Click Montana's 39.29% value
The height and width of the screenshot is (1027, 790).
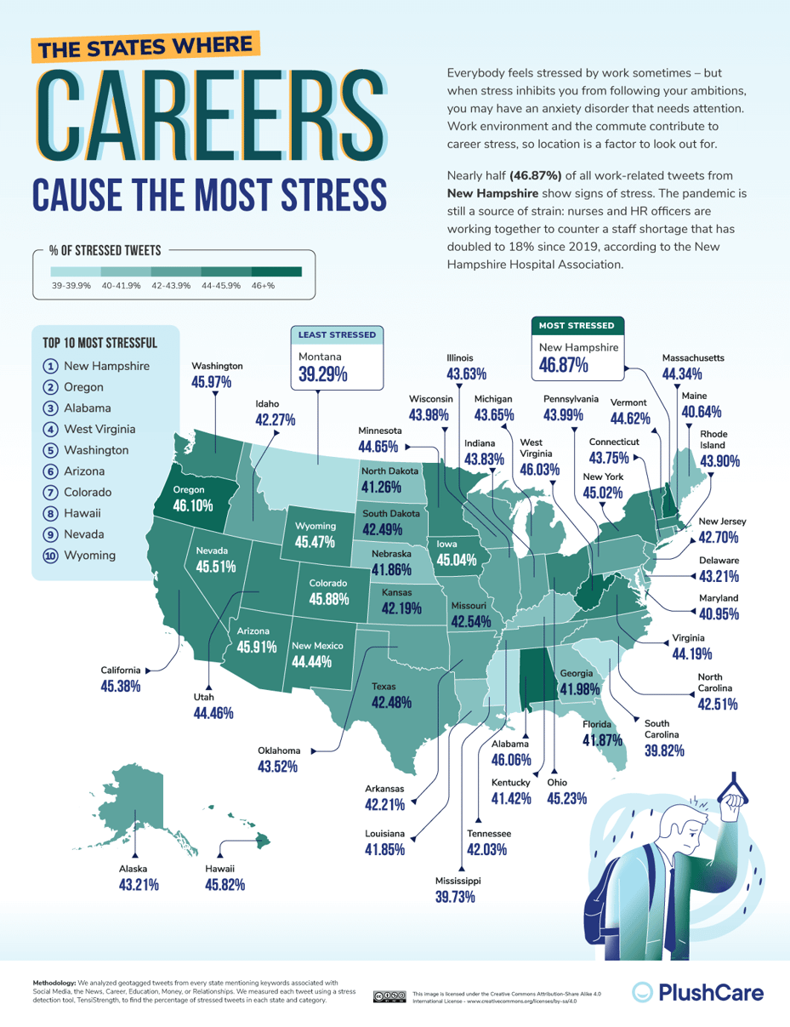pyautogui.click(x=323, y=374)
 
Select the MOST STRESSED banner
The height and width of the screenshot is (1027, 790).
pyautogui.click(x=578, y=325)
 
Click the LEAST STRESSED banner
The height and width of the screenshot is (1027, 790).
pyautogui.click(x=337, y=334)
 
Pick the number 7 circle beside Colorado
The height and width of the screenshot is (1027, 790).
pyautogui.click(x=50, y=493)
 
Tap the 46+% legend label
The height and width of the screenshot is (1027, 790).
pyautogui.click(x=263, y=287)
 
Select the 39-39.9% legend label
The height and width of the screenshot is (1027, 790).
pyautogui.click(x=71, y=287)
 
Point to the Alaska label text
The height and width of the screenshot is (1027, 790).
pyautogui.click(x=133, y=869)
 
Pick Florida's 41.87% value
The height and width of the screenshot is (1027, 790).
pyautogui.click(x=603, y=741)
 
